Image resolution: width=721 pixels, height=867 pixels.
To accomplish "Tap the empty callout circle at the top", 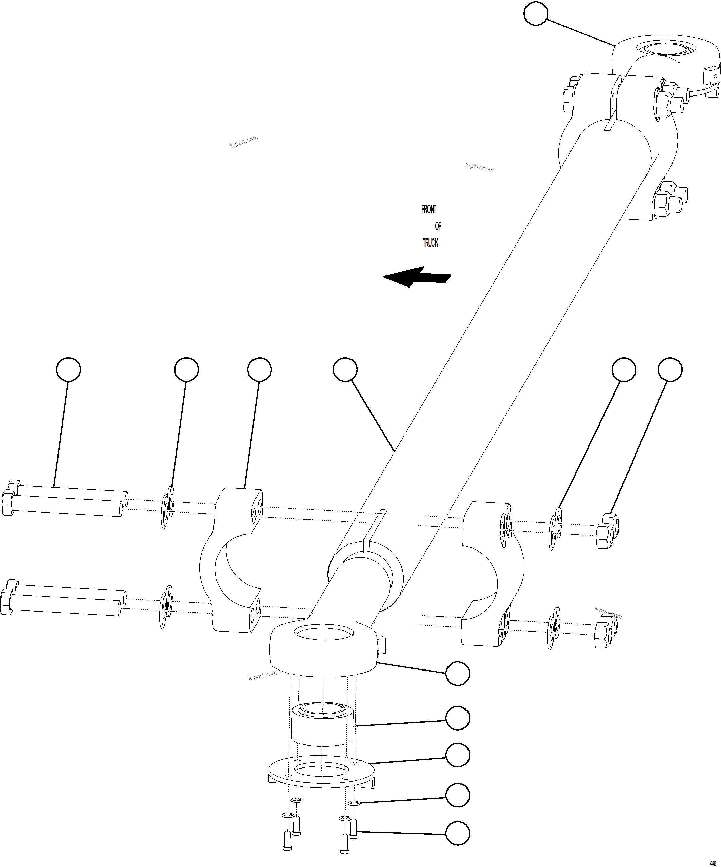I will point(536,14).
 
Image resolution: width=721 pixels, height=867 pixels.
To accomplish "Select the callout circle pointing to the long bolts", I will point(68,369).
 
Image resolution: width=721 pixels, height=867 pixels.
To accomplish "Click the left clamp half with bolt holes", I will point(231,561).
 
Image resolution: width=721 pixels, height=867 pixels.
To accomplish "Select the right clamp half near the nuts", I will point(491,574).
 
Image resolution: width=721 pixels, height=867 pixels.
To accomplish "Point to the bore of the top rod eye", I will point(665,49).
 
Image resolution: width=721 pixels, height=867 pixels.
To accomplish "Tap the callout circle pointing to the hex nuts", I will point(670,369).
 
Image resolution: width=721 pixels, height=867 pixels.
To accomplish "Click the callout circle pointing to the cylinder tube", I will point(345,369).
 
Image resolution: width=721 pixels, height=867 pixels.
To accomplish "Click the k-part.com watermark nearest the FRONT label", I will point(479,167).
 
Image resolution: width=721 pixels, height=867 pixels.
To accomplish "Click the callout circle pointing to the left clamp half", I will point(259,369).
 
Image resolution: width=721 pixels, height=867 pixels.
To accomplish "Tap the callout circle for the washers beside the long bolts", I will point(186,369).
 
